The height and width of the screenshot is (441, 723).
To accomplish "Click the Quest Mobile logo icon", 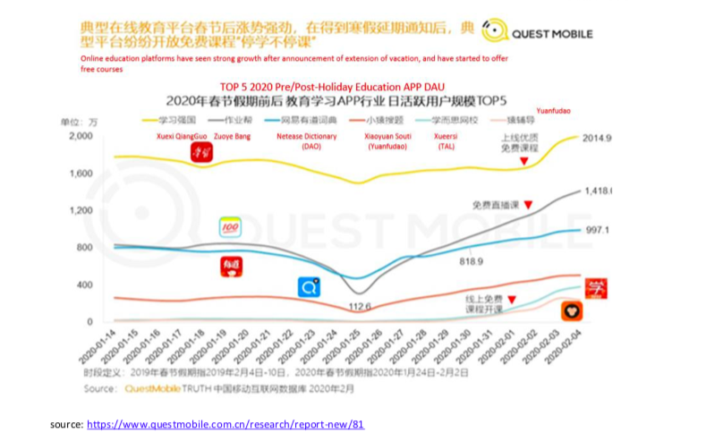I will tap(495, 30).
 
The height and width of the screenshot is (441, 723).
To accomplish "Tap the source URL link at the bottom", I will tap(225, 424).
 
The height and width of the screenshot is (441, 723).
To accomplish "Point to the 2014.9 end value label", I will tap(596, 138).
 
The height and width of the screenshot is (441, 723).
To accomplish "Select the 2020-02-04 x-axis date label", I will tap(567, 345).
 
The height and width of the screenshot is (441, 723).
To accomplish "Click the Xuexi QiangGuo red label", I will tap(184, 136).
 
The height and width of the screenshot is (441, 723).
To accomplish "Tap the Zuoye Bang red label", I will tap(233, 136).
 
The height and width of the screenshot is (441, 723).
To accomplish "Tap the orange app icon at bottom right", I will tap(572, 311).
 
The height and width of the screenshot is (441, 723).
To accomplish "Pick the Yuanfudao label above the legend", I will tap(553, 111).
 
